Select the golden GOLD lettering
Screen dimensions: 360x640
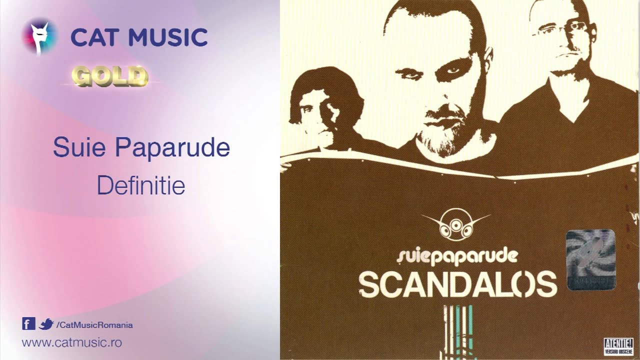click(110, 76)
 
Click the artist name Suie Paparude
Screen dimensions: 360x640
click(141, 148)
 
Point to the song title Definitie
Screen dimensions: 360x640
click(141, 185)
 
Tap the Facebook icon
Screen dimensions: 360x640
click(28, 324)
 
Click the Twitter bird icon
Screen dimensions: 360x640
click(46, 324)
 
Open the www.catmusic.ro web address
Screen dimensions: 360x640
click(72, 343)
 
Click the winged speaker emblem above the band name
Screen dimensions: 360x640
click(455, 226)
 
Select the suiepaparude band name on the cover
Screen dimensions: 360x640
click(456, 256)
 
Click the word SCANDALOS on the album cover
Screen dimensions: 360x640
click(457, 284)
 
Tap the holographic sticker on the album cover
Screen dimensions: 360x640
click(590, 260)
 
